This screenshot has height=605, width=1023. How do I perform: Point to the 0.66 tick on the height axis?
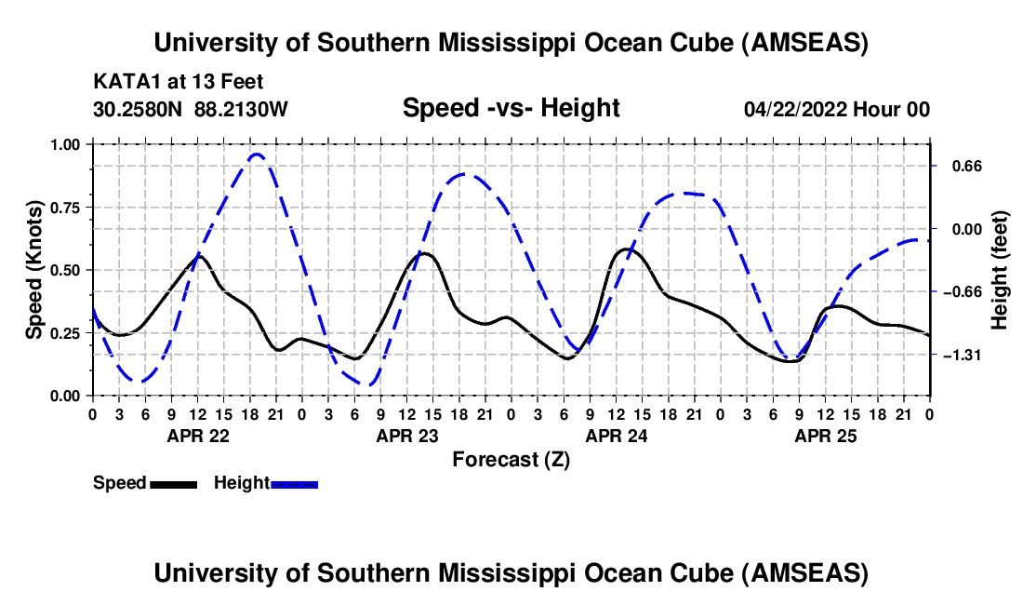(958, 167)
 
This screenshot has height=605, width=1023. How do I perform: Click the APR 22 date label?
(197, 435)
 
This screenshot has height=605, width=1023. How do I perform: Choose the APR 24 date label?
(616, 435)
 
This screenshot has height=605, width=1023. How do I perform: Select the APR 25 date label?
(825, 435)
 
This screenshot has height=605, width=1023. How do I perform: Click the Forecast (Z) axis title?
(511, 459)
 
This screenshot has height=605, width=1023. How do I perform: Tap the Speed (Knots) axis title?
(34, 270)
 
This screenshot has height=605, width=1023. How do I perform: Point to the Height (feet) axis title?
(1000, 270)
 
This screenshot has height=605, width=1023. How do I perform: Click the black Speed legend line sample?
(173, 483)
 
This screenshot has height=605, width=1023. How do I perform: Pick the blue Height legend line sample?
(295, 483)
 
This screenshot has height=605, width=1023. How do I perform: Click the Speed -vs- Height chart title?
(511, 108)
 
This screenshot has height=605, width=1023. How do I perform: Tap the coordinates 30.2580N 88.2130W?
(191, 109)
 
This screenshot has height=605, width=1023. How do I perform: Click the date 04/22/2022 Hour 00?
(836, 109)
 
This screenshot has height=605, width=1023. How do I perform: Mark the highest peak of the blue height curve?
(257, 155)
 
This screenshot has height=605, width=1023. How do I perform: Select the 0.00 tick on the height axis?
(958, 229)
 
